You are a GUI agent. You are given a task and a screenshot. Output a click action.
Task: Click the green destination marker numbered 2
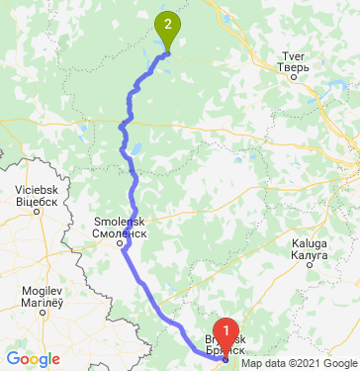(x=168, y=30)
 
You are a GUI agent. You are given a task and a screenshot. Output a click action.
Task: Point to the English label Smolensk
(x=120, y=222)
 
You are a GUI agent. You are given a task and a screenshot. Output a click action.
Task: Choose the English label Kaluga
(x=310, y=243)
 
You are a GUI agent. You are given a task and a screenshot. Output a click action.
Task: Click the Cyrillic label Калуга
(x=310, y=253)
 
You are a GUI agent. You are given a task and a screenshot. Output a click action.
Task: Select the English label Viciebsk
(x=36, y=188)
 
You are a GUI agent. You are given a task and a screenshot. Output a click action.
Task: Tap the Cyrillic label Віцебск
(x=36, y=199)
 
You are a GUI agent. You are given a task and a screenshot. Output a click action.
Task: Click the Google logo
(x=33, y=359)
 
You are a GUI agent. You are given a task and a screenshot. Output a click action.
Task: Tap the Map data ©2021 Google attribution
(x=307, y=363)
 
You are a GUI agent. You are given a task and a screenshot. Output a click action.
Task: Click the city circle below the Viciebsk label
(x=37, y=210)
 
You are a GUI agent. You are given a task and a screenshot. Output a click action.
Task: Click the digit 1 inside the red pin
(x=226, y=330)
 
